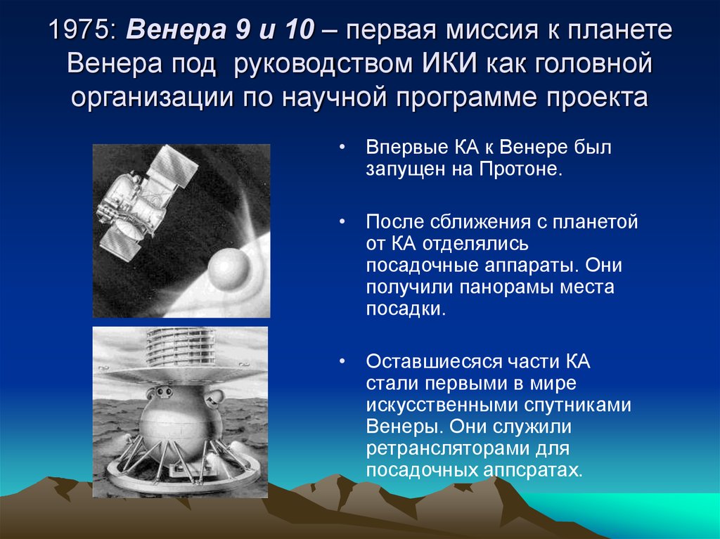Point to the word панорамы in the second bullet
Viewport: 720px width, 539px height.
tap(505, 287)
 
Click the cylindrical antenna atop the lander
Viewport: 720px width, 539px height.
tap(181, 346)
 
